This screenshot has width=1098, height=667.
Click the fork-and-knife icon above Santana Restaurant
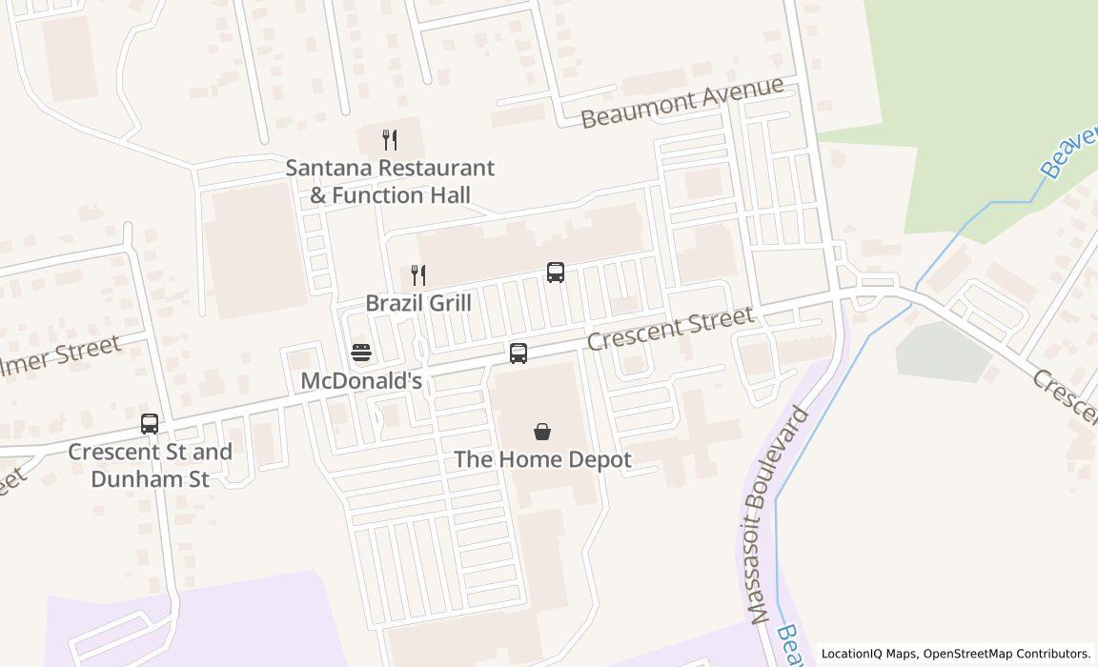coord(389,140)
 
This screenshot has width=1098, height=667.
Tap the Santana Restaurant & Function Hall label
coord(391,182)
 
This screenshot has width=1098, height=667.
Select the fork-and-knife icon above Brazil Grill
coord(417,275)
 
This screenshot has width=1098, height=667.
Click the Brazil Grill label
coord(418,303)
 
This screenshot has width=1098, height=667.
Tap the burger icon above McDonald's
coord(361,353)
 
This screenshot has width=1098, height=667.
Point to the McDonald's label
coord(361,380)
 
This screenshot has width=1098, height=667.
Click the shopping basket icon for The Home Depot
coord(542,432)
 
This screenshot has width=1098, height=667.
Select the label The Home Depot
coord(542,459)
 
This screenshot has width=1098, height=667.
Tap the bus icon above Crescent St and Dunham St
coord(150,423)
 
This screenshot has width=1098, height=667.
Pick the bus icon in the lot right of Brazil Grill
coord(556,273)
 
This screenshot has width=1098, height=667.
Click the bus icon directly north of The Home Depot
coord(518,354)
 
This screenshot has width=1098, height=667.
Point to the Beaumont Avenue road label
coord(682,102)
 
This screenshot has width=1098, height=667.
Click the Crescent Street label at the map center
coord(670,328)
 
